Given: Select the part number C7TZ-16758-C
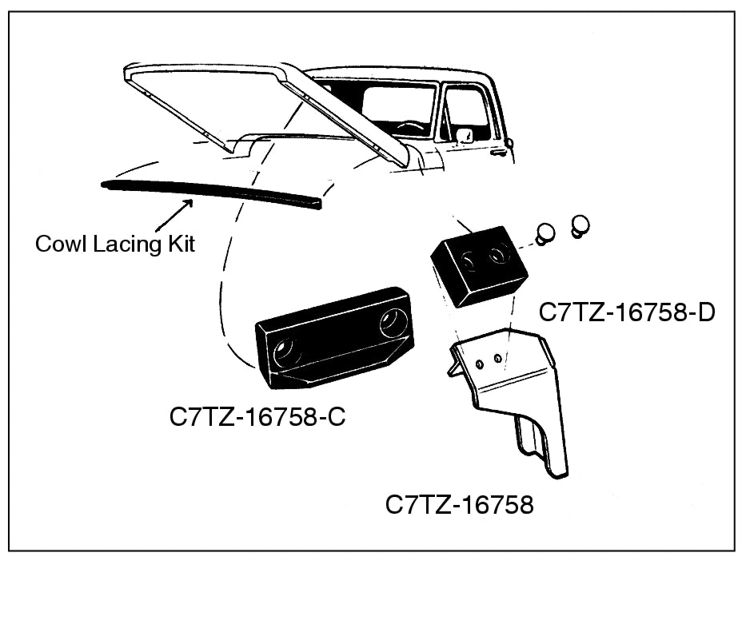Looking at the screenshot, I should click(x=257, y=416).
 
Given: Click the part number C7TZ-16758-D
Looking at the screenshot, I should click(x=627, y=312).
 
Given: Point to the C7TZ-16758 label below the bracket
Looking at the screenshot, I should click(x=459, y=505).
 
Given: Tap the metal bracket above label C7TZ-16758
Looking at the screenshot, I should click(x=512, y=392).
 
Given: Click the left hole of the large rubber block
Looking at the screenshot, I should click(x=285, y=352).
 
